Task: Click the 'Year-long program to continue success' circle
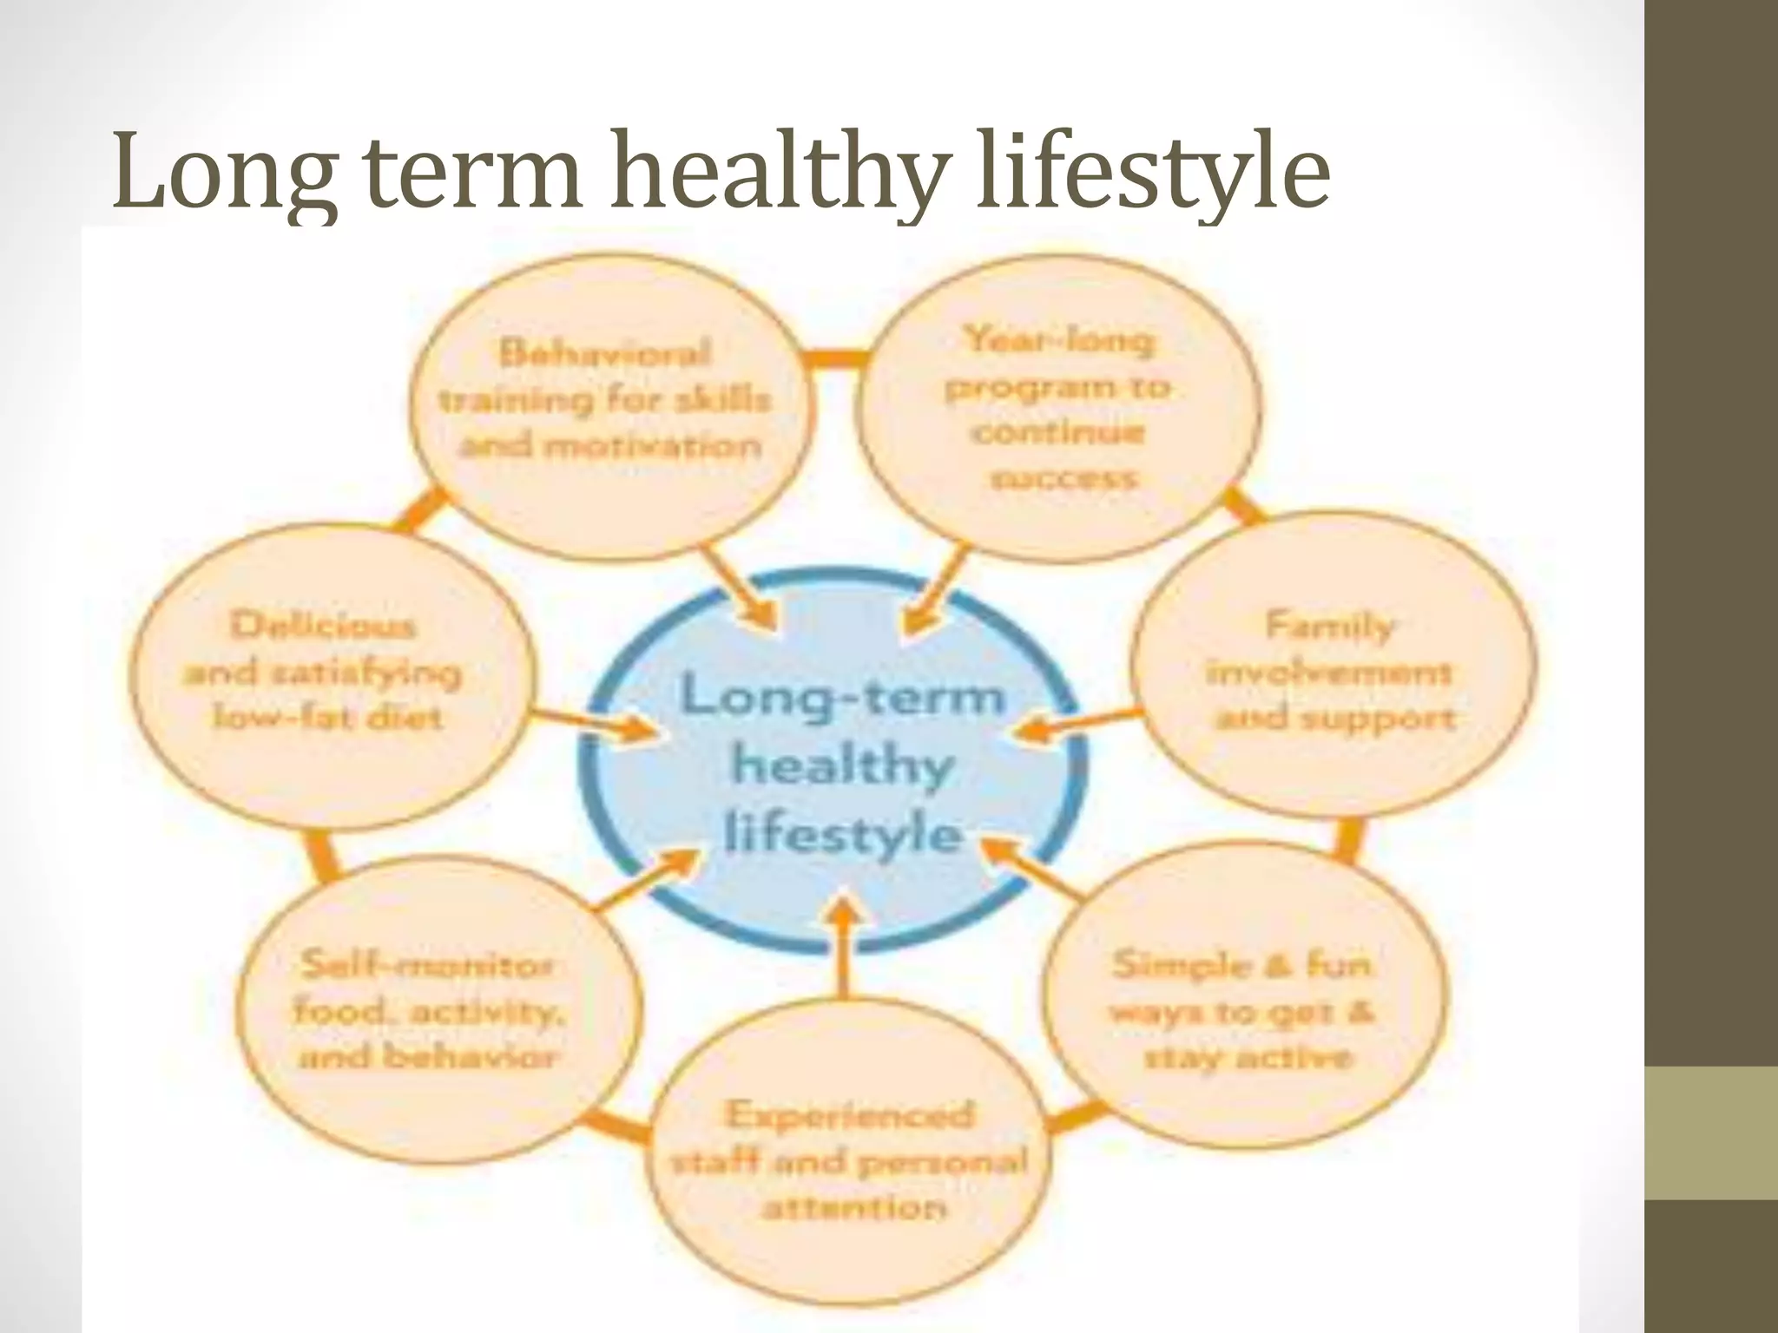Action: pyautogui.click(x=1057, y=408)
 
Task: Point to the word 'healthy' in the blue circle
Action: pyautogui.click(x=842, y=767)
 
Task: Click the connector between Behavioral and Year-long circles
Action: pyautogui.click(x=832, y=358)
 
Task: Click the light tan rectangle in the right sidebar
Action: pyautogui.click(x=1711, y=1132)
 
